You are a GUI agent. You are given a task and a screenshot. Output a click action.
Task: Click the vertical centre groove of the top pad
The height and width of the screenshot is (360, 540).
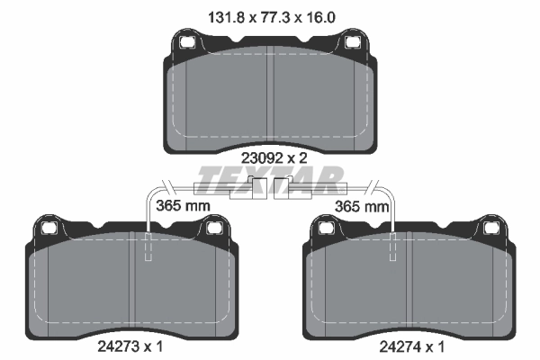(270, 99)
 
